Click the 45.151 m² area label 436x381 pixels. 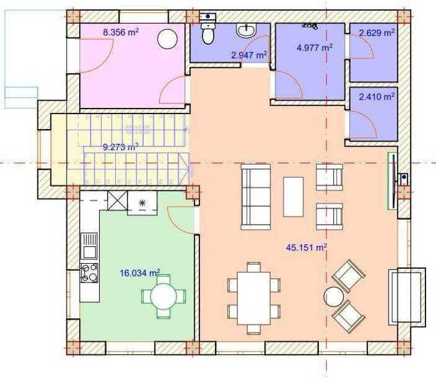(306, 248)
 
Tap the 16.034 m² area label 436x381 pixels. (140, 272)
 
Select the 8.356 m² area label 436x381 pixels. (121, 32)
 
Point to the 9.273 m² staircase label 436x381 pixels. (121, 147)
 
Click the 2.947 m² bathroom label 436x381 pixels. (249, 55)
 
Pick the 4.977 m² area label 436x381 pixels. (315, 47)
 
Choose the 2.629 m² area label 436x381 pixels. (377, 33)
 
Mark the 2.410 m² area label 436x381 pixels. (377, 97)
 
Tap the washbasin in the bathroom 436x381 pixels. (247, 30)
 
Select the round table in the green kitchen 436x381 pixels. (163, 296)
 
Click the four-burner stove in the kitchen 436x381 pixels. (89, 273)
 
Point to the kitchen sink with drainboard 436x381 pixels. (89, 246)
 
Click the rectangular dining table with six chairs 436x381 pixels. (254, 298)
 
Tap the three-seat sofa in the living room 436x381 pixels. (255, 197)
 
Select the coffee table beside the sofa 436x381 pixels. (293, 196)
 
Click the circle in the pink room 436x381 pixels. (168, 39)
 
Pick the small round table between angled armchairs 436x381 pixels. (333, 297)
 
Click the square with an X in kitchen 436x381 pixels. (117, 200)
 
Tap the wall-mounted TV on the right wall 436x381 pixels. (393, 181)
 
